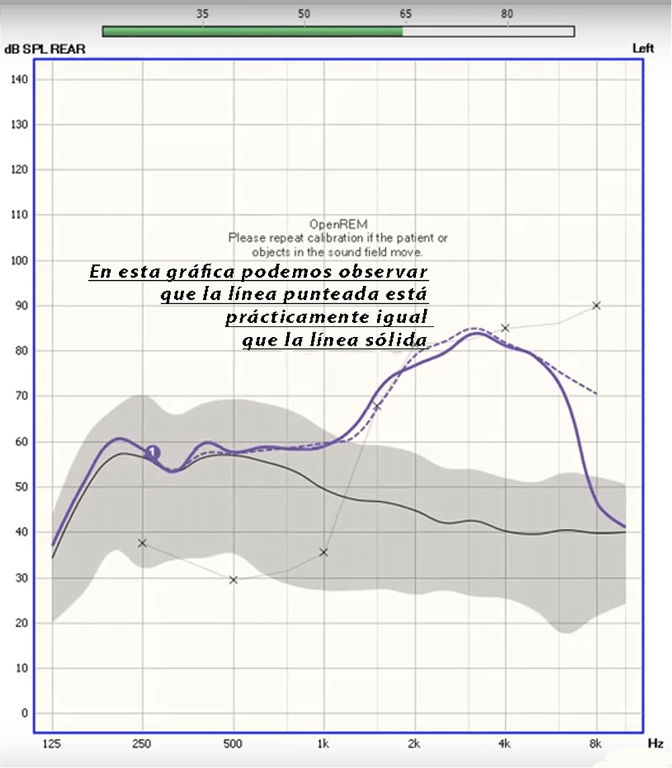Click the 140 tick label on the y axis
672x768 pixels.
[19, 79]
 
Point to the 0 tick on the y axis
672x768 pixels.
[24, 713]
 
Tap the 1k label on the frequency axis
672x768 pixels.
[323, 744]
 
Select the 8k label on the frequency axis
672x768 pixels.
[595, 744]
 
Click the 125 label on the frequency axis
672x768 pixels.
[52, 744]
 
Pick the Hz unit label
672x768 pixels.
[655, 744]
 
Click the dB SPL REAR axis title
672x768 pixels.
[44, 49]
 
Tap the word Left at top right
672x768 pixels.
[642, 48]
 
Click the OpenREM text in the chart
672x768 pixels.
[338, 224]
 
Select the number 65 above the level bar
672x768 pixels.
[405, 13]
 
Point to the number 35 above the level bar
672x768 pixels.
[202, 13]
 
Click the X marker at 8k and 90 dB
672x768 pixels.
[596, 305]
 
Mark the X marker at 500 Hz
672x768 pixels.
[233, 580]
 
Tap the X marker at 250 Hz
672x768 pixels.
[142, 543]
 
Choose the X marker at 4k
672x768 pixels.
[505, 328]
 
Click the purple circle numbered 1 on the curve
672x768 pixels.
[153, 452]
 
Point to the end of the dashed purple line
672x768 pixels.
[596, 394]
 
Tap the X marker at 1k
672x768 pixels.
[323, 553]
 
